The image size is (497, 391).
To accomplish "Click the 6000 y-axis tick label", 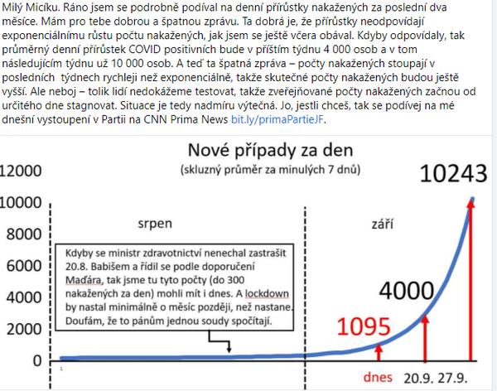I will [23, 267].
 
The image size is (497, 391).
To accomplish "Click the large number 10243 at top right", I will [456, 173].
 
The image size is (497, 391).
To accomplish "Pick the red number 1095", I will [351, 326].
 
